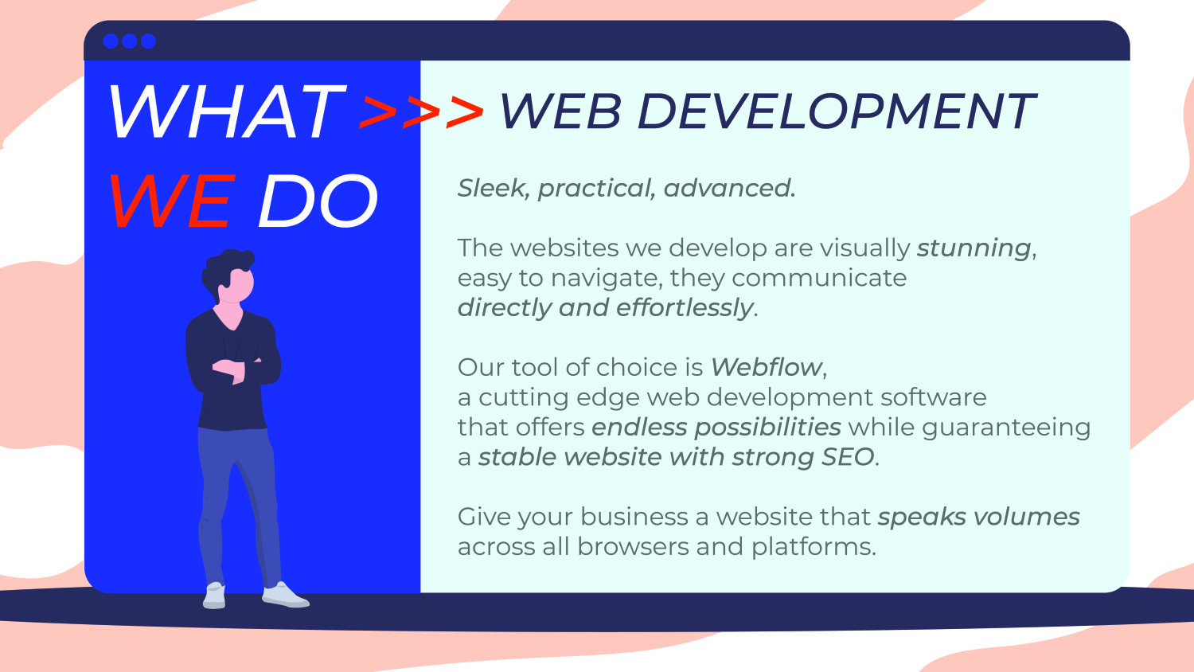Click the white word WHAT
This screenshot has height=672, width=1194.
[x=228, y=112]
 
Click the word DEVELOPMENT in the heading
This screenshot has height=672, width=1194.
[x=837, y=111]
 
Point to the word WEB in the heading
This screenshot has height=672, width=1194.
[x=560, y=111]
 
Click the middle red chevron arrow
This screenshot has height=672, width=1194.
[x=421, y=112]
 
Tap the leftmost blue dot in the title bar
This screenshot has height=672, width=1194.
[x=111, y=41]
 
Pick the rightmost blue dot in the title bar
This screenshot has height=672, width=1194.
[x=148, y=41]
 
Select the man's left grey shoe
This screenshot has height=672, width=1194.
[x=214, y=596]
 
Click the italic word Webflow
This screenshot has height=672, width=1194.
[x=767, y=367]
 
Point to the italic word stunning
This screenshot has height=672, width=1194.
[x=974, y=248]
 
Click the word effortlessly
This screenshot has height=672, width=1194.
[x=685, y=307]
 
